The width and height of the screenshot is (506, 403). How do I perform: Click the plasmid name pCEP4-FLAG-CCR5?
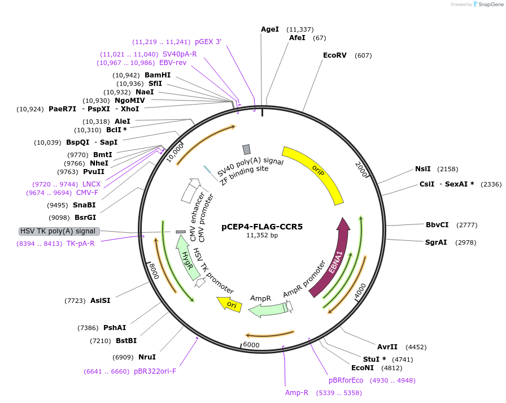pyautogui.click(x=261, y=227)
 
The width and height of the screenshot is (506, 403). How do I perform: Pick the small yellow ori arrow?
pyautogui.click(x=230, y=305)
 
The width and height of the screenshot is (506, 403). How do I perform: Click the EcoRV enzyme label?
pyautogui.click(x=334, y=55)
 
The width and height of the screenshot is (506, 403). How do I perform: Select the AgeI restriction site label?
pyautogui.click(x=270, y=29)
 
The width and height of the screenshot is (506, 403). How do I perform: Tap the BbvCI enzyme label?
pyautogui.click(x=437, y=225)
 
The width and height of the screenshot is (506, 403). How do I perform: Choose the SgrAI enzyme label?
pyautogui.click(x=436, y=242)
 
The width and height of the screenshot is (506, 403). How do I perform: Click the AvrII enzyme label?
pyautogui.click(x=387, y=347)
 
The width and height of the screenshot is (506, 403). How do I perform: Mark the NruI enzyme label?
pyautogui.click(x=147, y=357)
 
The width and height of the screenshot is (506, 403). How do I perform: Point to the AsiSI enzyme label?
pyautogui.click(x=101, y=301)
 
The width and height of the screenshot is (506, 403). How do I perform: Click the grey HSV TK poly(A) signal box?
pyautogui.click(x=59, y=231)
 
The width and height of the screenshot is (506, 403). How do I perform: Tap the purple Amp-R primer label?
pyautogui.click(x=296, y=393)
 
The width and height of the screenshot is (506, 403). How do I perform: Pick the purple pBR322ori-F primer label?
pyautogui.click(x=155, y=372)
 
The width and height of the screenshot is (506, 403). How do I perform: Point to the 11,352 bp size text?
pyautogui.click(x=261, y=236)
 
